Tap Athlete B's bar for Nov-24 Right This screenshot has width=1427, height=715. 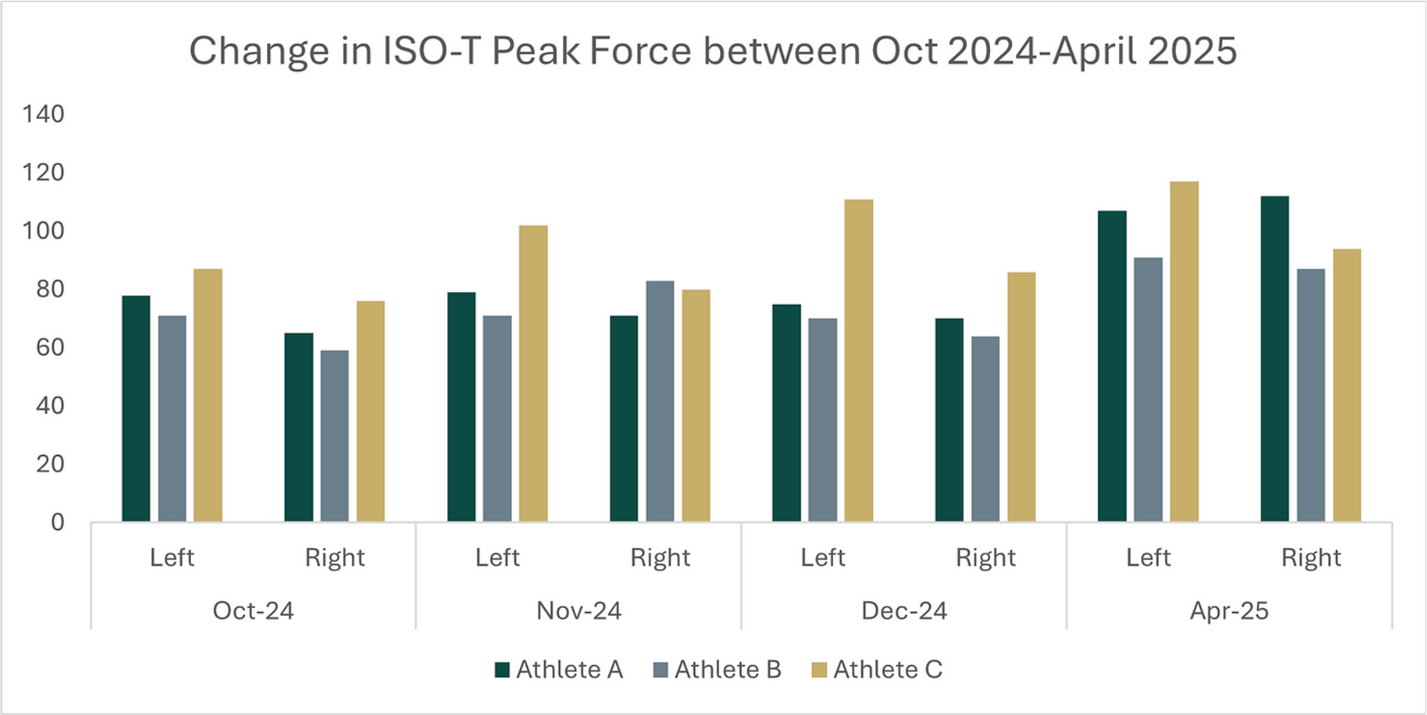pyautogui.click(x=659, y=401)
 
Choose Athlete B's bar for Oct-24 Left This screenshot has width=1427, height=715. pyautogui.click(x=172, y=419)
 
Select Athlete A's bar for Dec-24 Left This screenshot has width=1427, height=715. pyautogui.click(x=786, y=412)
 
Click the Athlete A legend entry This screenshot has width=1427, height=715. pyautogui.click(x=559, y=670)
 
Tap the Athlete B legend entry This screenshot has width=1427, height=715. pyautogui.click(x=717, y=670)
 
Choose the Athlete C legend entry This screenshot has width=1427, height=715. pyautogui.click(x=877, y=670)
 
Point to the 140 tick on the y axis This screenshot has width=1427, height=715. pyautogui.click(x=43, y=114)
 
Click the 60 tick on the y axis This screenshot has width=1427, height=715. pyautogui.click(x=50, y=347)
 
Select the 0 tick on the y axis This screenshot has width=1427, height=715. pyautogui.click(x=58, y=522)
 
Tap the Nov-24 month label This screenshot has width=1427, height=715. pyautogui.click(x=579, y=610)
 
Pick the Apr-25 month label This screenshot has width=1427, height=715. pyautogui.click(x=1229, y=610)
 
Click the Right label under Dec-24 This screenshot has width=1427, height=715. pyautogui.click(x=985, y=558)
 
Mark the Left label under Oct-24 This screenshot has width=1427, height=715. pyautogui.click(x=172, y=558)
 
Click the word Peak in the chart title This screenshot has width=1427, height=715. pyautogui.click(x=536, y=52)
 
